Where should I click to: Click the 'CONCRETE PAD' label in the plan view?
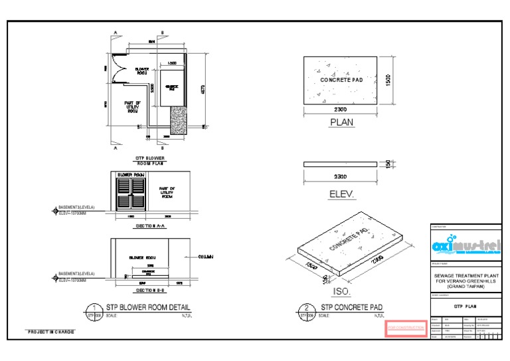click(x=341, y=80)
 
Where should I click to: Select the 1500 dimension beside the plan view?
click(x=388, y=79)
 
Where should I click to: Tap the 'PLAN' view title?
click(x=341, y=122)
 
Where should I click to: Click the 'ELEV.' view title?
click(x=343, y=195)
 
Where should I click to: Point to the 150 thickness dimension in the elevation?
click(x=388, y=164)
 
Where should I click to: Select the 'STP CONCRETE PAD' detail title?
click(x=352, y=307)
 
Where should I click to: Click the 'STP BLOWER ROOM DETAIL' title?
click(x=147, y=307)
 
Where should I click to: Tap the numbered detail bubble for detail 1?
click(x=91, y=310)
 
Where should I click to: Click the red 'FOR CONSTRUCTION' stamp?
click(x=405, y=328)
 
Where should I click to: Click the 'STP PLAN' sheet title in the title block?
click(x=466, y=308)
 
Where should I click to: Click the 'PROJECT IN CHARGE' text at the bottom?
click(x=50, y=331)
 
